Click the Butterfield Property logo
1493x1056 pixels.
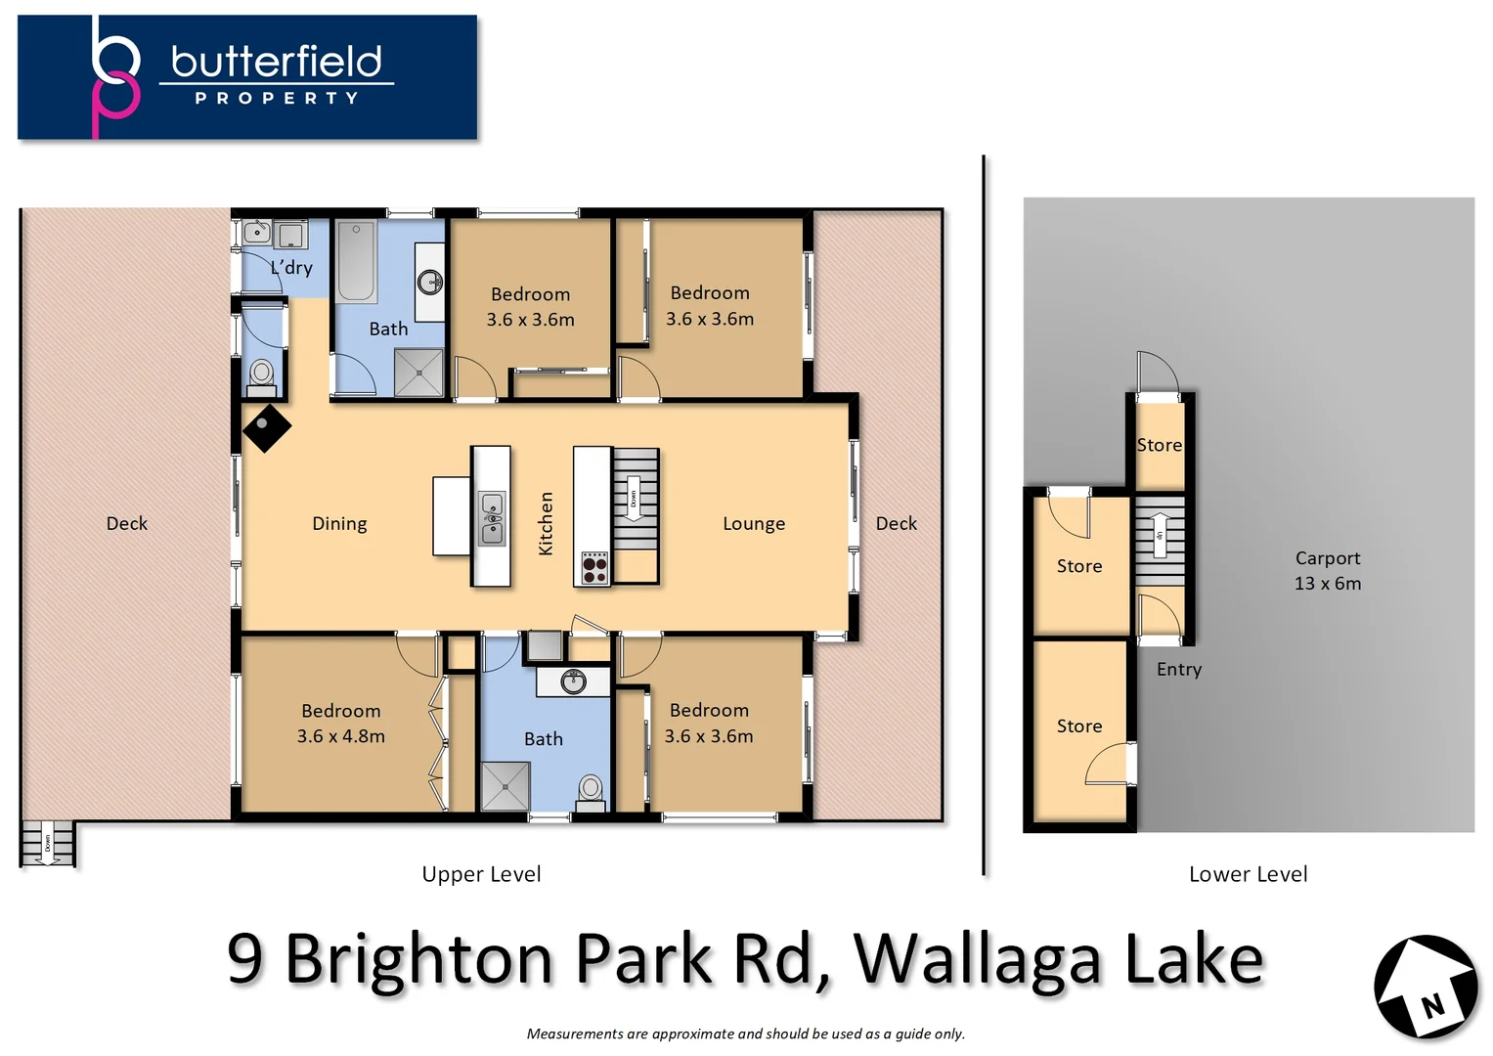coord(247,76)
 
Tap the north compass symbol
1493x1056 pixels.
coord(1426,988)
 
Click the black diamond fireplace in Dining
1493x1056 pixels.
coord(266,427)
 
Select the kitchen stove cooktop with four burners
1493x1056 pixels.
coord(594,568)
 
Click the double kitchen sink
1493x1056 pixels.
coord(491,518)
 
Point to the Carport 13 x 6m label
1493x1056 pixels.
coord(1327,570)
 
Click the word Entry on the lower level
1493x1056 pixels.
coord(1178,669)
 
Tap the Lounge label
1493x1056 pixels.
coord(753,523)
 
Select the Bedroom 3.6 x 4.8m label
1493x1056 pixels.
coord(340,724)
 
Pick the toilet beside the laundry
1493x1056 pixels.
coord(262,374)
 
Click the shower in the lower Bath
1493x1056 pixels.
coord(505,785)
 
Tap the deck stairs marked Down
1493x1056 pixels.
coord(47,843)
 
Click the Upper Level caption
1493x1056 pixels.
coord(481,874)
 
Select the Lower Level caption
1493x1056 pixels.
coord(1248,874)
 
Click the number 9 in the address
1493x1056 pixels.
coord(245,959)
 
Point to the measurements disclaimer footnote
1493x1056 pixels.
coord(745,1034)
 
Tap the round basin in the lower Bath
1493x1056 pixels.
coord(573,681)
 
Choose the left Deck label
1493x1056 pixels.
coord(126,523)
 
